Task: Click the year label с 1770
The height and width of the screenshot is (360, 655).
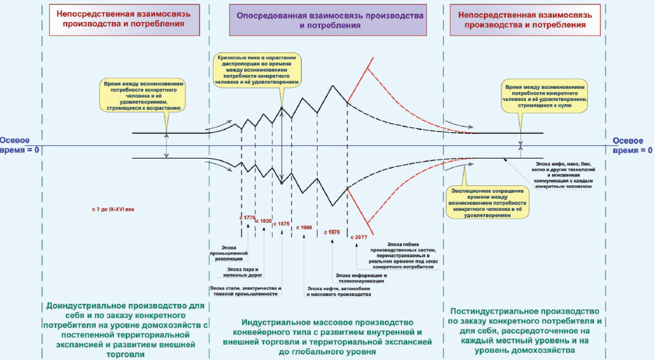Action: [247, 218]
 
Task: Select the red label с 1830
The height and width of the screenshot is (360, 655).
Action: [263, 220]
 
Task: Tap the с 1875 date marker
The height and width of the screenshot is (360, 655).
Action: [281, 223]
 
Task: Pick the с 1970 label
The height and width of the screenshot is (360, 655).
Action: [333, 232]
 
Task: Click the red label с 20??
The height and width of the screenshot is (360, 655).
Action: [360, 236]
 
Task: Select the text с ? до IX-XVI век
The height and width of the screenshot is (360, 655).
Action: [113, 208]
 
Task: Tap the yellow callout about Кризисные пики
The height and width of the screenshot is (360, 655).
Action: [258, 69]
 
